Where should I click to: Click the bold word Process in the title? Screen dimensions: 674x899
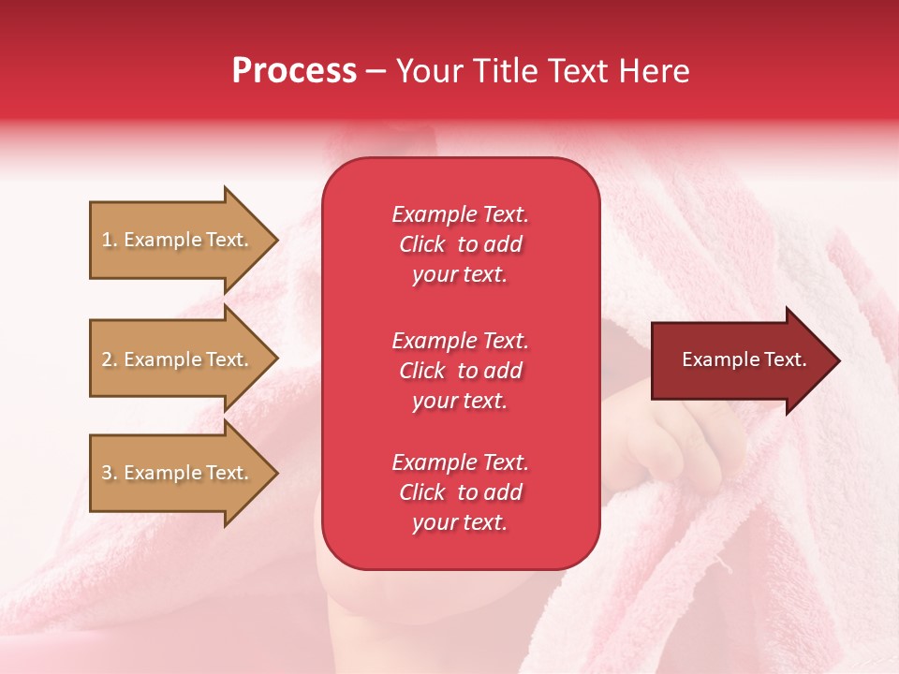click(294, 71)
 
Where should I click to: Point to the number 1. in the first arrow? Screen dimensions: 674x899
click(110, 240)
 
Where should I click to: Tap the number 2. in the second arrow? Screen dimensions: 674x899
click(110, 359)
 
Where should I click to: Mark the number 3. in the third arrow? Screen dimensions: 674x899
click(110, 473)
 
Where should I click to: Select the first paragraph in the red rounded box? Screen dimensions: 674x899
click(460, 244)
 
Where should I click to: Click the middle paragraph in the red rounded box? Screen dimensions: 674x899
click(460, 371)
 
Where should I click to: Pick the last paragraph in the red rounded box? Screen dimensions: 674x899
click(460, 492)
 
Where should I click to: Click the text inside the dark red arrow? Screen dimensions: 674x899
click(744, 359)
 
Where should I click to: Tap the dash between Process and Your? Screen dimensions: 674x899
click(376, 72)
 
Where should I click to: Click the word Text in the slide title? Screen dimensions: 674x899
click(579, 71)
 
